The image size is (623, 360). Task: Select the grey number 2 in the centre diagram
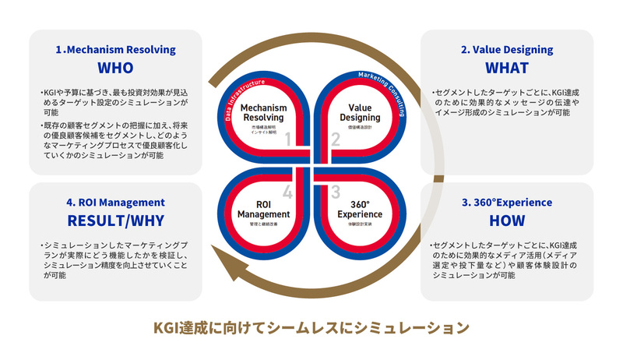click(x=336, y=139)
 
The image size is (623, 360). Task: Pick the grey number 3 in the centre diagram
click(x=336, y=191)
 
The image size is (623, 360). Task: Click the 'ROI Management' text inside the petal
click(x=262, y=208)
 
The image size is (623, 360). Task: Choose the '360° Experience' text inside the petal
click(x=360, y=208)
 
